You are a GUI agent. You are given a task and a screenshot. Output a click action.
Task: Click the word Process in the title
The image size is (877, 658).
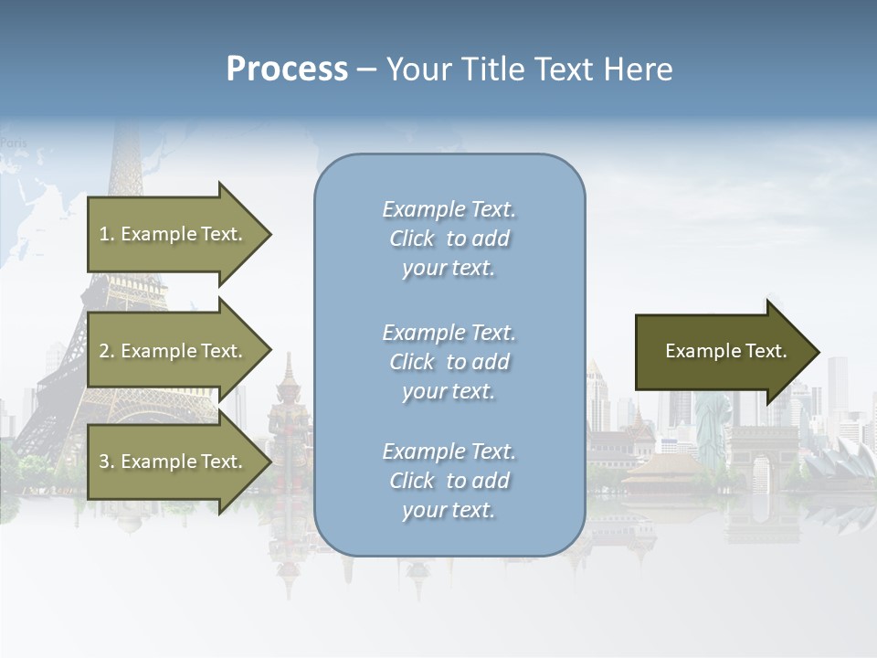(287, 69)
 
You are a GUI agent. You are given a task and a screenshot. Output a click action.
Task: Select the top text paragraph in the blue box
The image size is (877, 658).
(449, 239)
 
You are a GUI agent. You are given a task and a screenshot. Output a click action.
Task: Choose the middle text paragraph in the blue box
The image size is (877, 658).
(449, 362)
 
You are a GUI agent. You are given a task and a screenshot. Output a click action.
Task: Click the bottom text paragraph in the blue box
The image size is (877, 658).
(449, 481)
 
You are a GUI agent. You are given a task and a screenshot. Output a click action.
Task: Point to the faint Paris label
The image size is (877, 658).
(14, 143)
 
